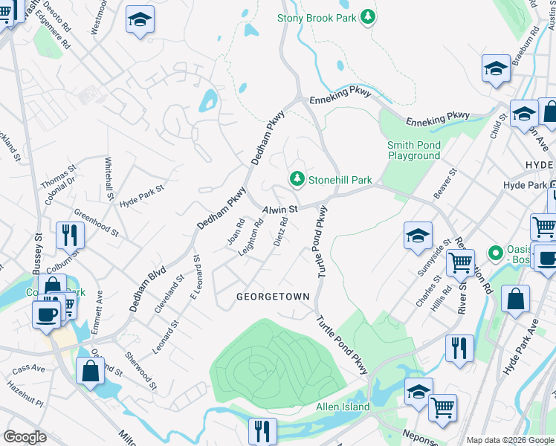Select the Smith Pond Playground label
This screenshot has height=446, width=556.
click(x=413, y=150)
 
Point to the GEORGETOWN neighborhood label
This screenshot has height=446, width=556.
click(x=273, y=297)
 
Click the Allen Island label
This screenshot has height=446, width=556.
click(x=343, y=407)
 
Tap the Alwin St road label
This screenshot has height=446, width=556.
click(x=279, y=210)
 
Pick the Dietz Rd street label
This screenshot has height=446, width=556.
click(x=281, y=231)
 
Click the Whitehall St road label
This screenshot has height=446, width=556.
click(x=109, y=180)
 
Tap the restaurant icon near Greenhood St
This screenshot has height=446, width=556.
click(x=70, y=236)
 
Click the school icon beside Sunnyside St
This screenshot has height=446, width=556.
click(x=418, y=236)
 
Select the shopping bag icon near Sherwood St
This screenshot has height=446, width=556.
click(x=90, y=372)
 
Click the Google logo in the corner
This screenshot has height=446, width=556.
click(x=25, y=437)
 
